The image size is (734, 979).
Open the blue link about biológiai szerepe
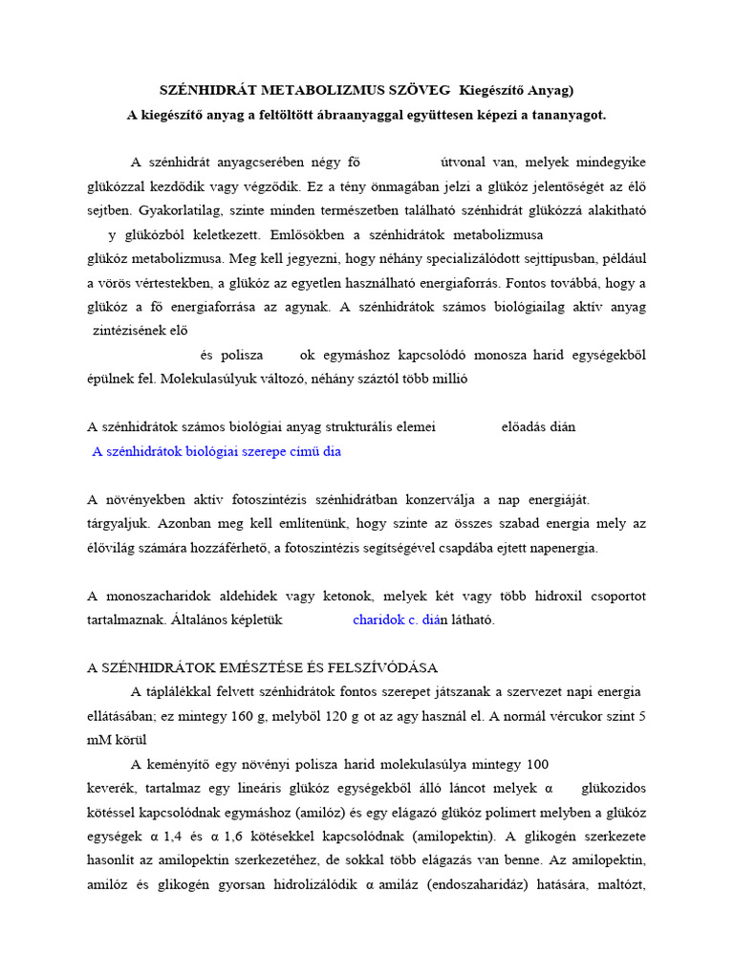coord(216,451)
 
